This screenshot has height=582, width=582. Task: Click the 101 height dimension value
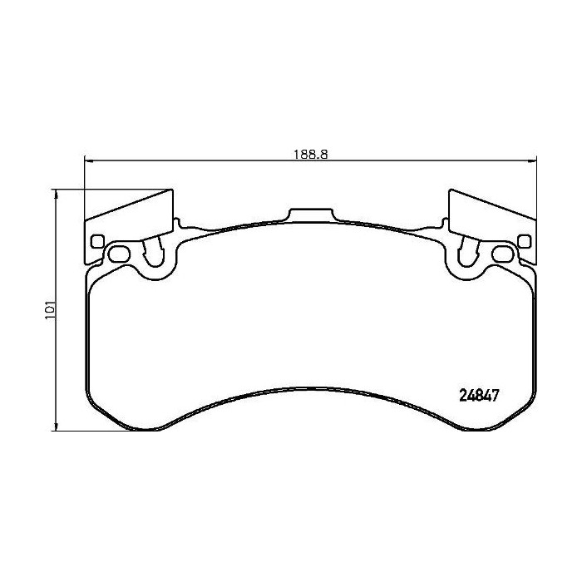coord(51,311)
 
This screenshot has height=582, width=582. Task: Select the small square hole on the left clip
coord(97,243)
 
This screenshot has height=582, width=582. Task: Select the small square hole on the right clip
coord(524,242)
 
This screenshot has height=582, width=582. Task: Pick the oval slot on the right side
coord(501,253)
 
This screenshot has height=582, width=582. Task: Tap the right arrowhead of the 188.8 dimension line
coord(534,162)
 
